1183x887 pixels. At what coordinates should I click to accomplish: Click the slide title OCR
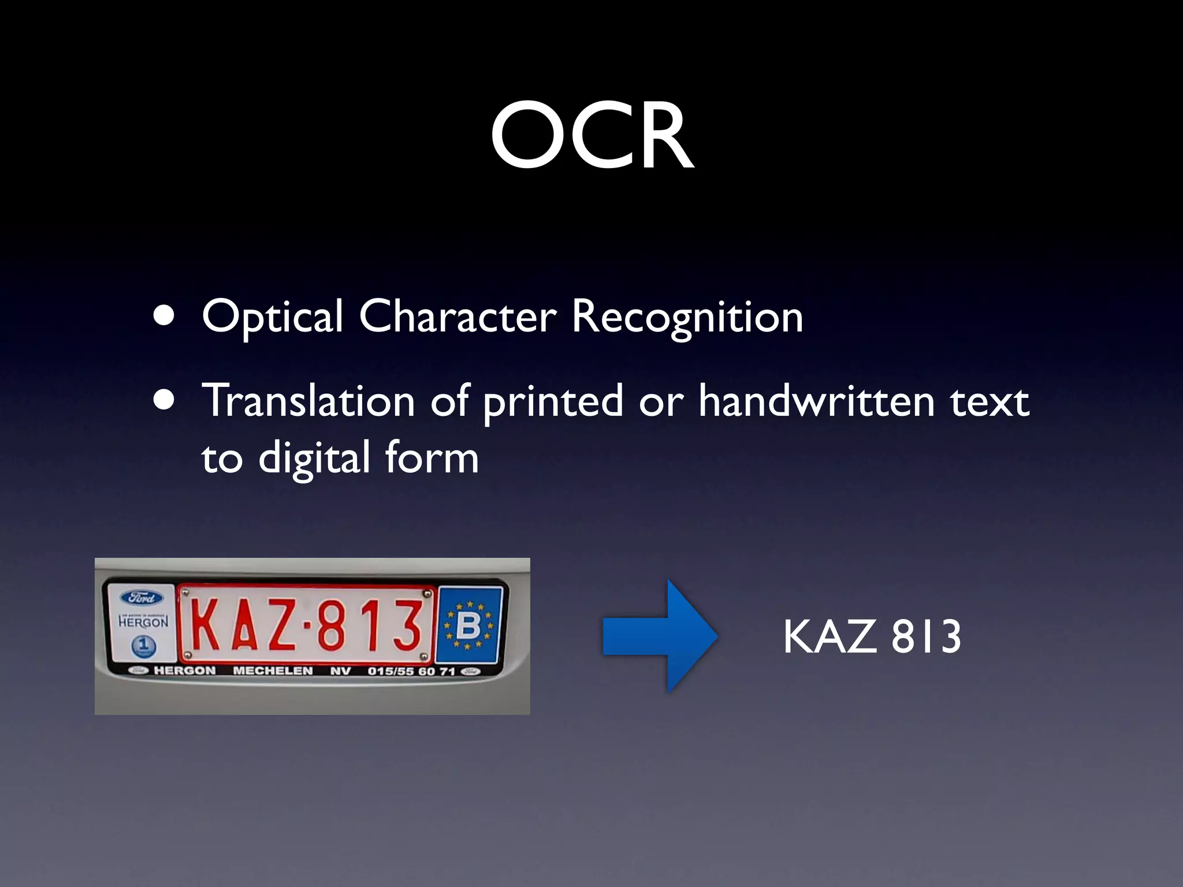tap(591, 136)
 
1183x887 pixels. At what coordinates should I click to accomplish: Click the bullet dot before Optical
tap(165, 316)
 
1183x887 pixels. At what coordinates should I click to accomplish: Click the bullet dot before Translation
tap(165, 400)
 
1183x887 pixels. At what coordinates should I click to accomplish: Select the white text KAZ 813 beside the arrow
tap(872, 636)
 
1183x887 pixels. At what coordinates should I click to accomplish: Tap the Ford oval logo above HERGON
tap(142, 598)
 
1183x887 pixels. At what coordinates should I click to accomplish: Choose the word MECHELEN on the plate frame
tap(273, 670)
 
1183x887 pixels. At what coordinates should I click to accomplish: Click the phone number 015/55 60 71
tap(411, 671)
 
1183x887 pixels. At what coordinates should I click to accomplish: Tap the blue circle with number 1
tap(143, 645)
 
